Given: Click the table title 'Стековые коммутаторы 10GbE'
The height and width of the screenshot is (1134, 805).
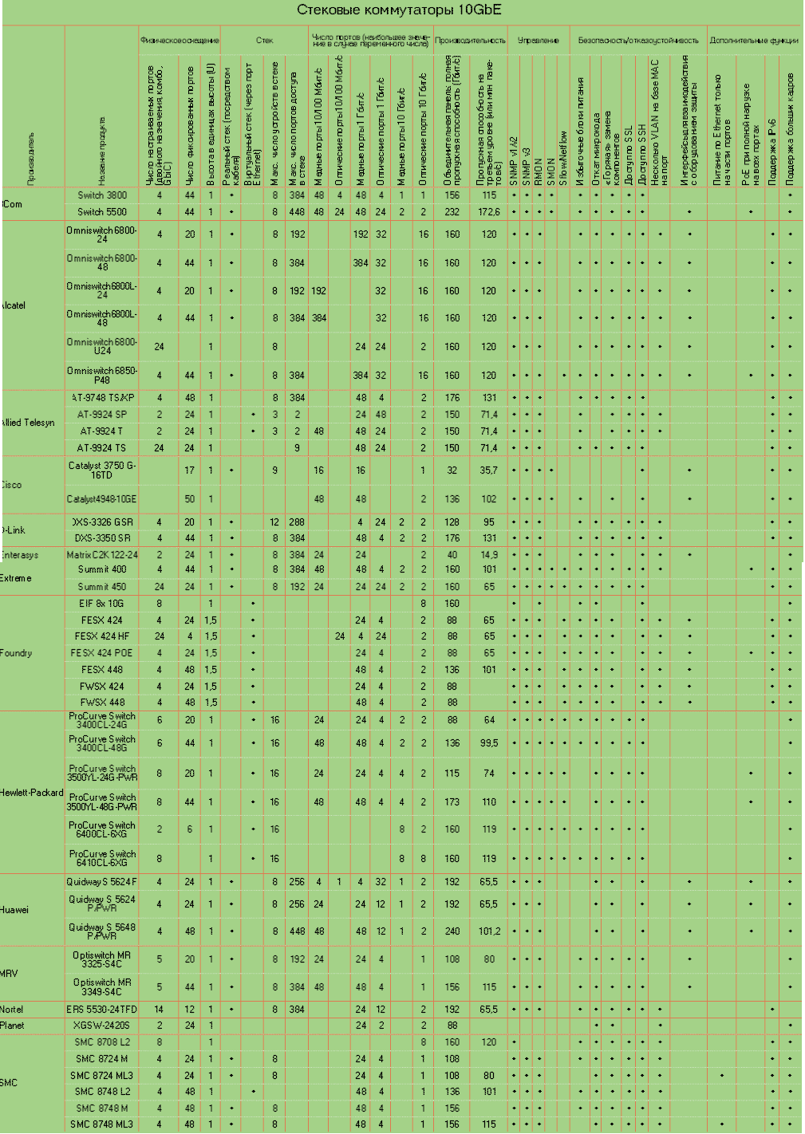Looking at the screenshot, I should (399, 10).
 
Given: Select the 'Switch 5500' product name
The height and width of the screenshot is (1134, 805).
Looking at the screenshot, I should (102, 212).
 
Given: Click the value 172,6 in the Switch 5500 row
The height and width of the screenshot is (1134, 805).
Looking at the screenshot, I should (489, 212).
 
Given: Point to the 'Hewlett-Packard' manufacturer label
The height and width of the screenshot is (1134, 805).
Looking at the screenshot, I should (32, 793).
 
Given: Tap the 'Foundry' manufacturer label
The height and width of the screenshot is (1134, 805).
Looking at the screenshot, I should (17, 653).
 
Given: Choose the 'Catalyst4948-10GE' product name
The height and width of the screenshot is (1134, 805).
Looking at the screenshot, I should (102, 499).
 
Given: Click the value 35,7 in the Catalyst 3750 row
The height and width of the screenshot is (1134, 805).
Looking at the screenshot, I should (489, 471).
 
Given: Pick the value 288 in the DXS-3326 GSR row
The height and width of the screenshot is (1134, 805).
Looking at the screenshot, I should (298, 522).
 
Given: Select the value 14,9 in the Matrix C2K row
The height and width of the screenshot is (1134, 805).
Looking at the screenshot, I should (489, 555).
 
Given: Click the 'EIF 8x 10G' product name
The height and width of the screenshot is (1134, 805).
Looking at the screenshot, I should (102, 604).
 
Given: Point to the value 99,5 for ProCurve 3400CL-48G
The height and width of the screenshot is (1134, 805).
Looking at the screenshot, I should (489, 743).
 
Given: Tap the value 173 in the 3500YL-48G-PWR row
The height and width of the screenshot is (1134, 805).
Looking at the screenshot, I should (452, 802).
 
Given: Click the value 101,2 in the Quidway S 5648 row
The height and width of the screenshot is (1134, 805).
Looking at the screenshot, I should (489, 931).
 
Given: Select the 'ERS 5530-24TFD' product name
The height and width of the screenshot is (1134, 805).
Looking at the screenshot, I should (102, 1010).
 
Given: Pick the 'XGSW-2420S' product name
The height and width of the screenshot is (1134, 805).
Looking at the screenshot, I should (102, 1026).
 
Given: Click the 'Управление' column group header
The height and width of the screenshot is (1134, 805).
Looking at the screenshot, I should (539, 40).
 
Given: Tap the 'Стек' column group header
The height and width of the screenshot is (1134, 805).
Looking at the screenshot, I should (264, 40).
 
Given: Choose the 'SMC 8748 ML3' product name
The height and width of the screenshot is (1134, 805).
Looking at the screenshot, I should (102, 1124).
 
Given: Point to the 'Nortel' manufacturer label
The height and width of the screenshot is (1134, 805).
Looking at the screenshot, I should (12, 1010).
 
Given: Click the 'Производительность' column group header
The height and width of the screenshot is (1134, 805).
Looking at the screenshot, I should (470, 40).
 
